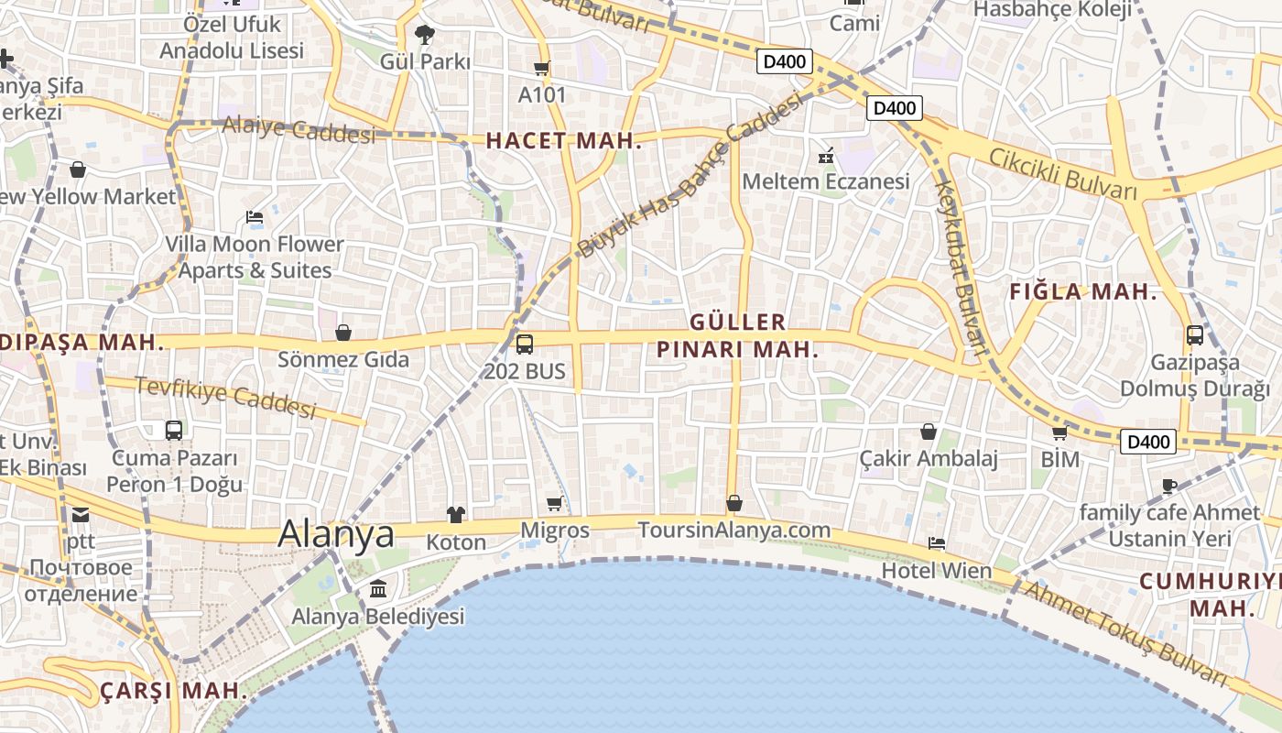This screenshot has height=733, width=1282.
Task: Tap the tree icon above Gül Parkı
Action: pyautogui.click(x=424, y=35)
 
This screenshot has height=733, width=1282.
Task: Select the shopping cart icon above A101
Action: pyautogui.click(x=542, y=68)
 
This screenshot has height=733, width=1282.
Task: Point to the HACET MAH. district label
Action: pyautogui.click(x=563, y=141)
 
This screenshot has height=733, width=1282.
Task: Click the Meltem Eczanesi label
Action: pyautogui.click(x=826, y=181)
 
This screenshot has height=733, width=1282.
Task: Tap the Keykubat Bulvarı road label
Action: pyautogui.click(x=960, y=266)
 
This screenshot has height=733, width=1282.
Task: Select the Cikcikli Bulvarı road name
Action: pyautogui.click(x=1062, y=172)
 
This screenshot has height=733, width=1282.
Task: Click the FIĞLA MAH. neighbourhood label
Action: pyautogui.click(x=1083, y=293)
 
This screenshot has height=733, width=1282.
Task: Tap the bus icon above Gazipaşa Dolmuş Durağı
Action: pyautogui.click(x=1195, y=335)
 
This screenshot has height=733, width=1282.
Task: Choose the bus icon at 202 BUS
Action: pyautogui.click(x=525, y=345)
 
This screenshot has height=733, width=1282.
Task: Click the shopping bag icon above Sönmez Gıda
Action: pyautogui.click(x=343, y=332)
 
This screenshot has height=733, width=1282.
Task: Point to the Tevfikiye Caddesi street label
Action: pyautogui.click(x=225, y=397)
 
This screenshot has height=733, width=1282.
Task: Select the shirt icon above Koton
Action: pyautogui.click(x=456, y=515)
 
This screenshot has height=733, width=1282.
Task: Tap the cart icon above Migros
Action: pyautogui.click(x=555, y=503)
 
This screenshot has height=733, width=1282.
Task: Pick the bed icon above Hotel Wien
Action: pyautogui.click(x=937, y=543)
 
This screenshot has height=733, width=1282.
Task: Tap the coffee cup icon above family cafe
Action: pyautogui.click(x=1169, y=486)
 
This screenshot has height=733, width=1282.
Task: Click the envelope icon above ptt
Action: pyautogui.click(x=81, y=515)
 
